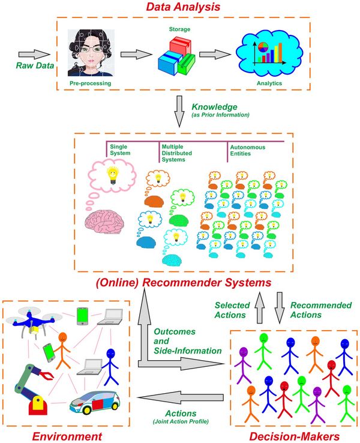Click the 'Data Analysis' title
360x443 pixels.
(x=181, y=8)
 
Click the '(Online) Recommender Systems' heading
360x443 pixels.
(x=180, y=282)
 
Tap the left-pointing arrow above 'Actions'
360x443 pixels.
(x=180, y=397)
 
